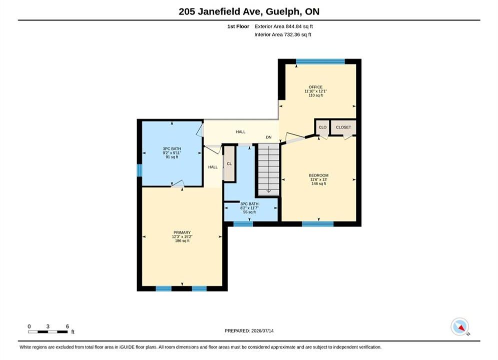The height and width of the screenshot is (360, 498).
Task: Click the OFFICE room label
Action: tap(315, 87)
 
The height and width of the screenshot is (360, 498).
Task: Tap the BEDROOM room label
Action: tap(318, 175)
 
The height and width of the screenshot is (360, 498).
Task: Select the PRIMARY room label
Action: tap(182, 232)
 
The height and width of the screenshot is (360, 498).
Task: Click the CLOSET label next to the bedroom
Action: tap(343, 127)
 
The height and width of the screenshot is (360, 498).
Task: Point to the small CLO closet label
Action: tap(322, 127)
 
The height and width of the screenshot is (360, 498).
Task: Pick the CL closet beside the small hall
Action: tap(229, 163)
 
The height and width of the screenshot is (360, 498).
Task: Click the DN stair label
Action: tap(269, 137)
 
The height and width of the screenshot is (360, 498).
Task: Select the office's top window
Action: tap(320, 61)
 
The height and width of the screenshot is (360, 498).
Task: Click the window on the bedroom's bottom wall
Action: tap(318, 224)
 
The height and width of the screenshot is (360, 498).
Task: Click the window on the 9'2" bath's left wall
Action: tap(139, 170)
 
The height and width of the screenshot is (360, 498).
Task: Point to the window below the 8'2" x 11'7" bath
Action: tap(243, 224)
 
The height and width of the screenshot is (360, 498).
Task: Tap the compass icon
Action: tap(460, 326)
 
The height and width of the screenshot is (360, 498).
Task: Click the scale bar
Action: tap(48, 332)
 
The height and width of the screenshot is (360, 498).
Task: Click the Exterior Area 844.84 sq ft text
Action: tap(284, 26)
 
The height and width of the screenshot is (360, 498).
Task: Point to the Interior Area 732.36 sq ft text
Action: tap(283, 34)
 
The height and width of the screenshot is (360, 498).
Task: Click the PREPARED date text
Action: tap(249, 331)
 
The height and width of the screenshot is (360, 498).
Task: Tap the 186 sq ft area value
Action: tap(182, 240)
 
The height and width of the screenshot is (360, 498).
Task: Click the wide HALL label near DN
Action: tap(240, 131)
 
